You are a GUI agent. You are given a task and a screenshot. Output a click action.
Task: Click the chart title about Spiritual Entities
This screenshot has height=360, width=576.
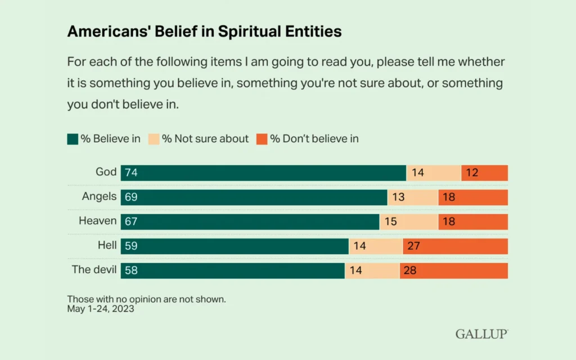point(204,31)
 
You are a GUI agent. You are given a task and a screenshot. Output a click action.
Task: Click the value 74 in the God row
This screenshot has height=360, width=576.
point(131,173)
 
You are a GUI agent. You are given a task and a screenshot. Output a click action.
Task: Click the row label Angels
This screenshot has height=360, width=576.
point(99,196)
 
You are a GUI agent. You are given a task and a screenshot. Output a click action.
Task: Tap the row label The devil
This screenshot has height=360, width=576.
point(94,269)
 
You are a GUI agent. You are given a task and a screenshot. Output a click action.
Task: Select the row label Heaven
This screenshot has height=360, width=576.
point(97,221)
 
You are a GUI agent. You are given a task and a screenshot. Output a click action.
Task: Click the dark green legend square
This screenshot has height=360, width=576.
point(73,139)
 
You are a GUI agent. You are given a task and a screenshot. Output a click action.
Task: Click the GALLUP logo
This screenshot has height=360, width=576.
point(481,334)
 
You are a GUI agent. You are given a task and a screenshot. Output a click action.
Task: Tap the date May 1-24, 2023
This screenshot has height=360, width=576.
point(101,309)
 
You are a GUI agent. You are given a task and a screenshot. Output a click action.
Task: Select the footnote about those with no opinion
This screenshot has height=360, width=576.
point(146,299)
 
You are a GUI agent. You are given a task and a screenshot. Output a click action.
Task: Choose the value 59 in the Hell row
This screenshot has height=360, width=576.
point(131,246)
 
